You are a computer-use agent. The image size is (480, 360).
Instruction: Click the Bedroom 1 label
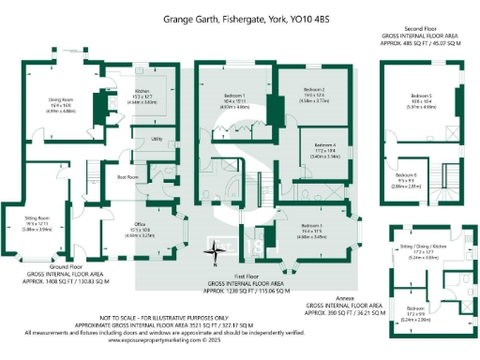pos(233,97)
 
